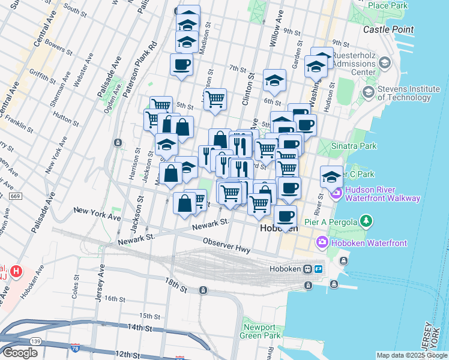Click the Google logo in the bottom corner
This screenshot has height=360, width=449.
19,353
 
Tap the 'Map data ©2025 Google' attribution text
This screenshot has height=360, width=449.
412,355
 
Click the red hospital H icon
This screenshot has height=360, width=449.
17,272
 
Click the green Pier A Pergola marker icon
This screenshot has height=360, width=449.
366,222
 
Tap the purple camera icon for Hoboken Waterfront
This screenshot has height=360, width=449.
322,242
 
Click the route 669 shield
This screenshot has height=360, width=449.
14,196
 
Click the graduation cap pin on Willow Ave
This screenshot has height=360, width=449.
274,80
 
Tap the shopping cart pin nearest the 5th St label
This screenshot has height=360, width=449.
214,98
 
